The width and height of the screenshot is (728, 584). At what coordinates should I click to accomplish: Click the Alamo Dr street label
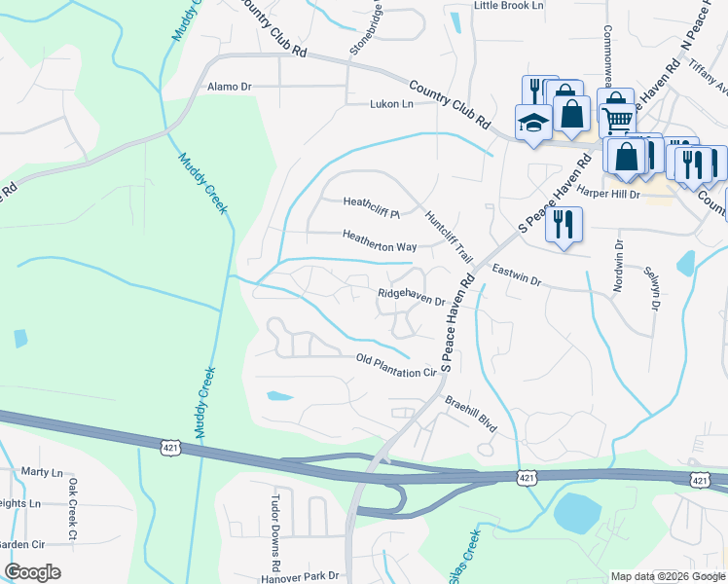(230, 87)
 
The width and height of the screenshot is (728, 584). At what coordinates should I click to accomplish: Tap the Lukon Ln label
(391, 103)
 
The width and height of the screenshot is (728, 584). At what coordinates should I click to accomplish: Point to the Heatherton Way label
(379, 247)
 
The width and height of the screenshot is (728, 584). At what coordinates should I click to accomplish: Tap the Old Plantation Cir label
(396, 366)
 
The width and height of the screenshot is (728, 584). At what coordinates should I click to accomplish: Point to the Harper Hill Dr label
(607, 194)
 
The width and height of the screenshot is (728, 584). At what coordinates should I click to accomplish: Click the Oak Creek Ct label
(72, 508)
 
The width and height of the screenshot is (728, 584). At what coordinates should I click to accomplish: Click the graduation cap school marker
(533, 123)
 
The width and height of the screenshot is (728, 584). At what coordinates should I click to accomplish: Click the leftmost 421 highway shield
(169, 445)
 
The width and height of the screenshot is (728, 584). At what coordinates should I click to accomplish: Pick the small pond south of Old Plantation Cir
(278, 396)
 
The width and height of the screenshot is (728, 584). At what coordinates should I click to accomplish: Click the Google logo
(32, 572)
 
